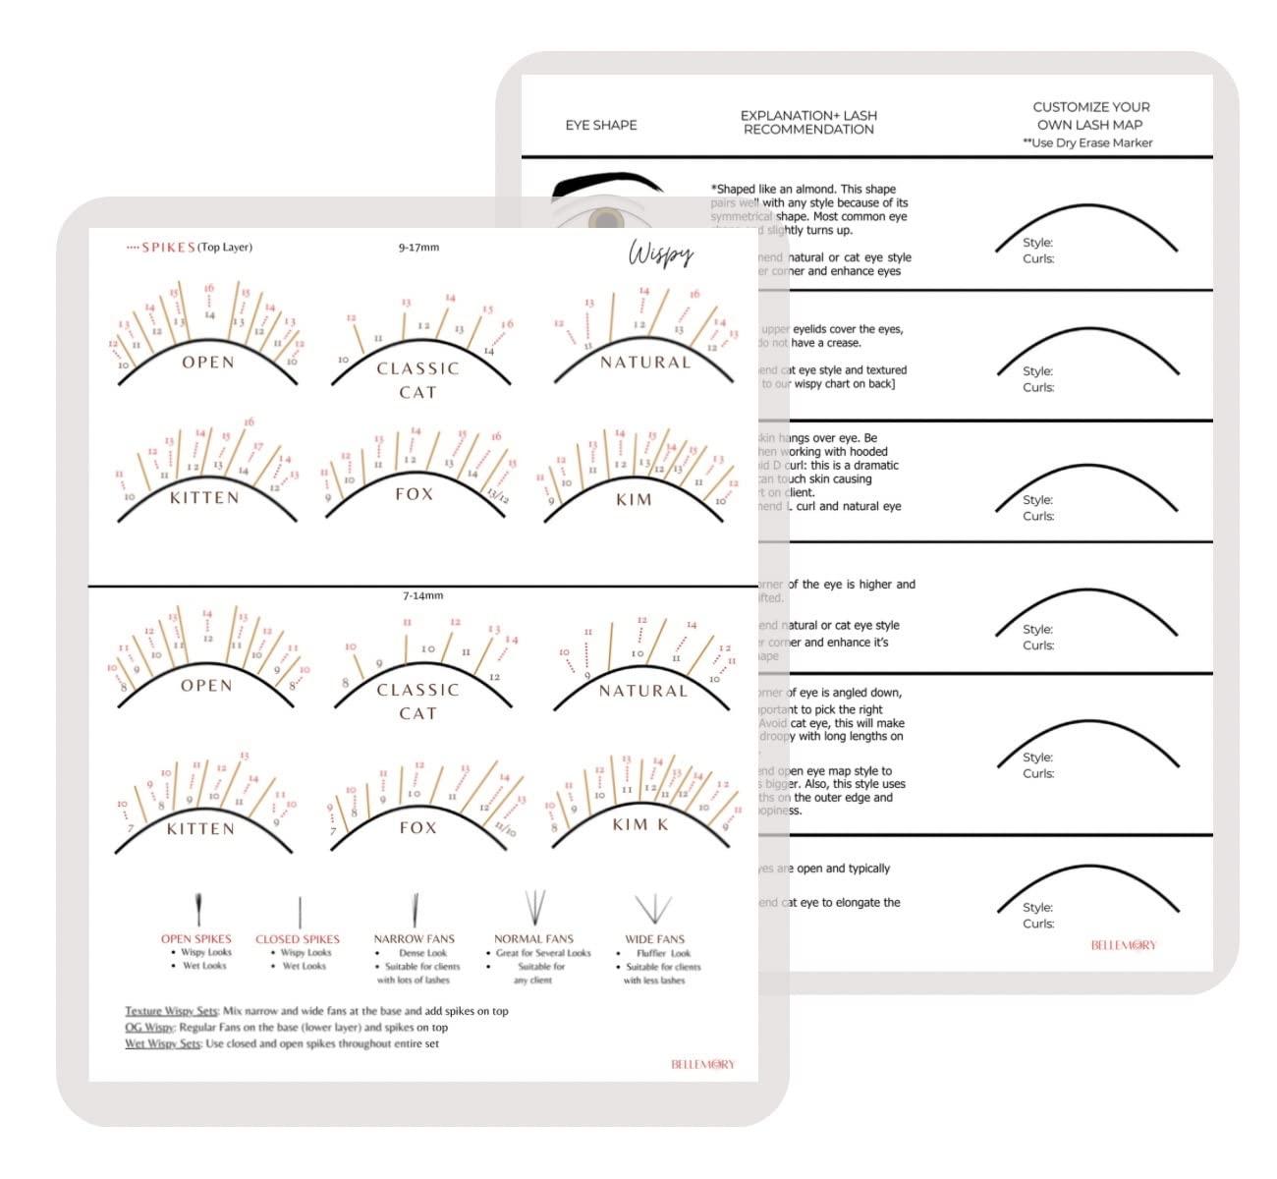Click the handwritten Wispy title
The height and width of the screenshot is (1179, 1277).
661,254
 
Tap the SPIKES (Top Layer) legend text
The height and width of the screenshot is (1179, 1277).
196,248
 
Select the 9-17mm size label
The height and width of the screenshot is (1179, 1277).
418,248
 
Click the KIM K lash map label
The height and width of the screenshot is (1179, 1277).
639,824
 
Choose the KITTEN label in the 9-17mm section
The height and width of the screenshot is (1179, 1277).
204,498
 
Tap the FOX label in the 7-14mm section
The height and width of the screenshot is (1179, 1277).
417,827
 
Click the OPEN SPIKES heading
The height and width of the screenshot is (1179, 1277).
196,939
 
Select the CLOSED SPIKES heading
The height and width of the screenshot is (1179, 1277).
298,939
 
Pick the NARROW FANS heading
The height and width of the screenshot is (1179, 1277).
415,939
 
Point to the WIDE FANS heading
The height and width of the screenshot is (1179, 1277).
655,939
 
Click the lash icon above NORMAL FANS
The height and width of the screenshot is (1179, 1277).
534,905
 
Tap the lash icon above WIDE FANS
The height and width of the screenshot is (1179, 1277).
653,906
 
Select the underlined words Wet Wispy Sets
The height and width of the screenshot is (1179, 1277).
163,1043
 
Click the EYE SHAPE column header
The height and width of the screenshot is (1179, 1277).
601,126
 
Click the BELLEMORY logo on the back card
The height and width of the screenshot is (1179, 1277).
1124,945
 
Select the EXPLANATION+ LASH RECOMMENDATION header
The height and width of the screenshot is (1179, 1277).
808,122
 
